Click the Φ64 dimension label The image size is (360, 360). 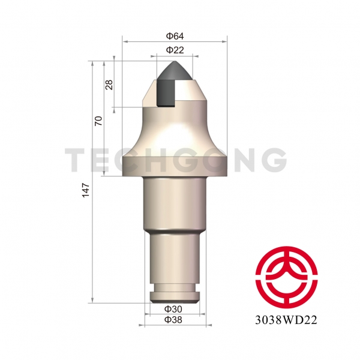tap(175, 35)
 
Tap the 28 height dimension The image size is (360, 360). tap(109, 84)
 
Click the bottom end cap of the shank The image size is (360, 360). tap(175, 296)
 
